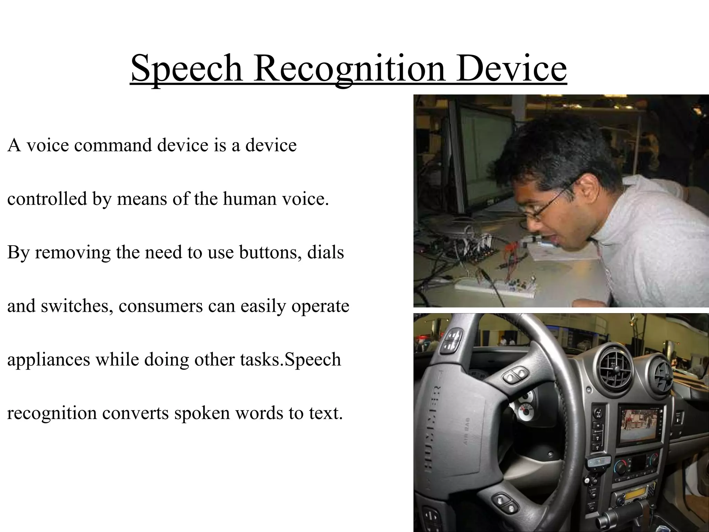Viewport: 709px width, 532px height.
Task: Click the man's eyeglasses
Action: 547,204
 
